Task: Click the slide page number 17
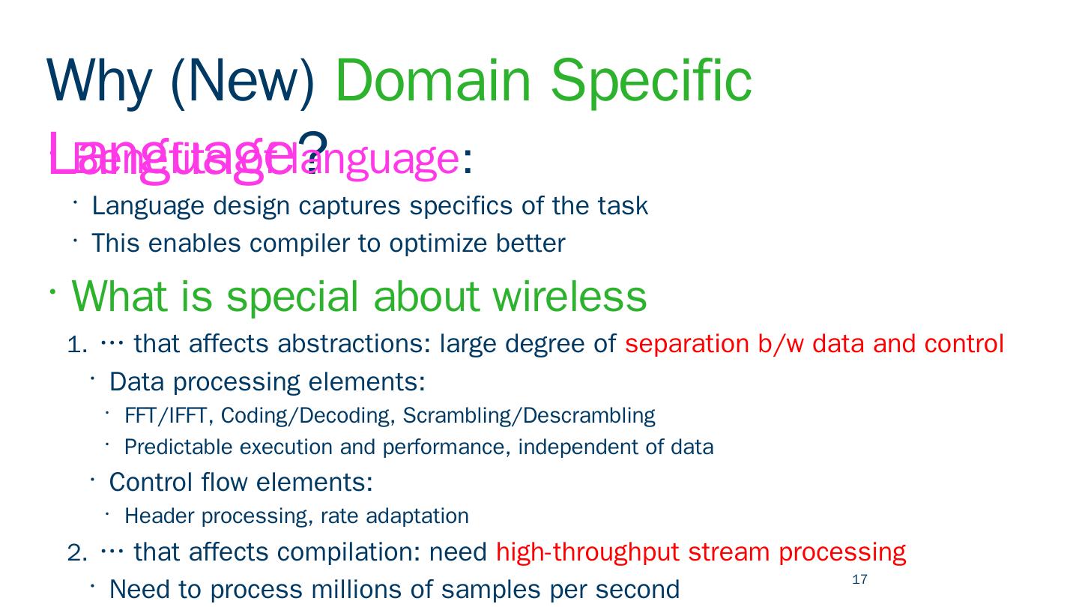point(859,579)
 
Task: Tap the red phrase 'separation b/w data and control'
point(814,344)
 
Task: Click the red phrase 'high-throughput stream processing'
point(701,552)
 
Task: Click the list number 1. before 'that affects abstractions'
point(77,345)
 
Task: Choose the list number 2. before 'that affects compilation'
point(77,553)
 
